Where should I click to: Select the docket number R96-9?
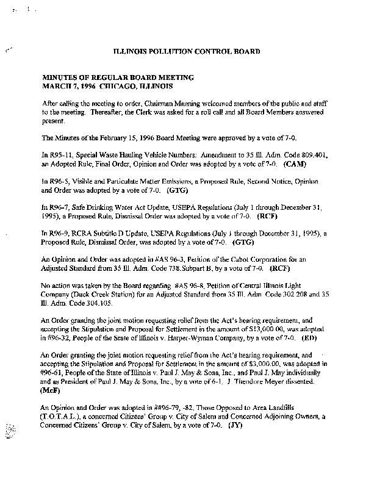(x=60, y=234)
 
